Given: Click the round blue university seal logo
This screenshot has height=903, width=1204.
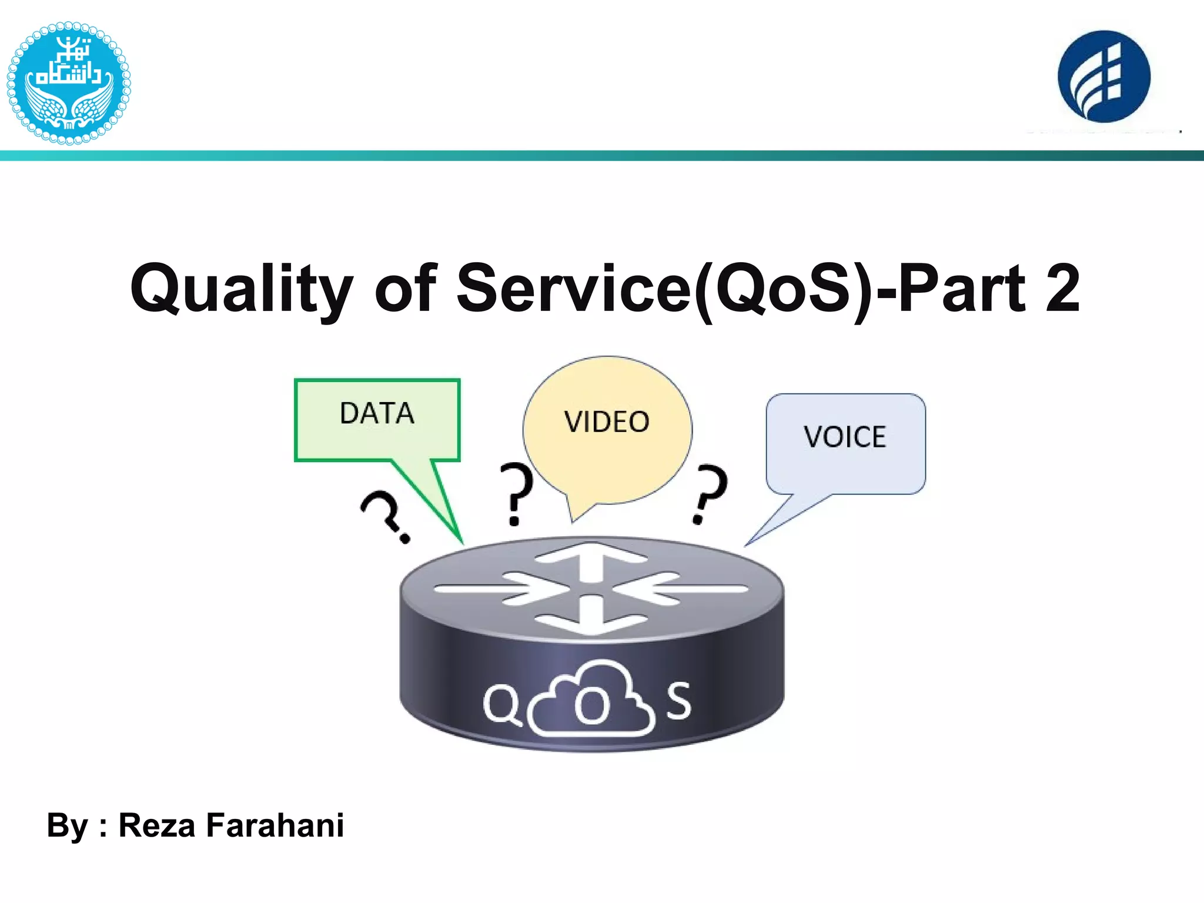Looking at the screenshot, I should (x=69, y=83).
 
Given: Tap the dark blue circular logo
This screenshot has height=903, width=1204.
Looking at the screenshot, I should (x=1103, y=76).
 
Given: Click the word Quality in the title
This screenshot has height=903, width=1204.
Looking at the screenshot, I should (x=242, y=289).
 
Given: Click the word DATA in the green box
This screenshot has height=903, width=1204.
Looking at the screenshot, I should (x=377, y=413).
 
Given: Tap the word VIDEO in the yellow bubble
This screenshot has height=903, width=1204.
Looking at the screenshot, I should (x=607, y=422).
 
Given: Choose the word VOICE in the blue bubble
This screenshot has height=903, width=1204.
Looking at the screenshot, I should (x=845, y=437).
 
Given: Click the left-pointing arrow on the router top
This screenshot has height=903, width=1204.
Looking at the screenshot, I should (x=682, y=588).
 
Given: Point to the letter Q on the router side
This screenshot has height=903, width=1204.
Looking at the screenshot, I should (x=501, y=704).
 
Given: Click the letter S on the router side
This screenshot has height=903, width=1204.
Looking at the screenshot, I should (x=679, y=701).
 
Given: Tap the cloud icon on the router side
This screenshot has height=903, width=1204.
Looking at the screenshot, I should (x=591, y=700).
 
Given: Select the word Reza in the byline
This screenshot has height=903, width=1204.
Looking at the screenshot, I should (x=156, y=825).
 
